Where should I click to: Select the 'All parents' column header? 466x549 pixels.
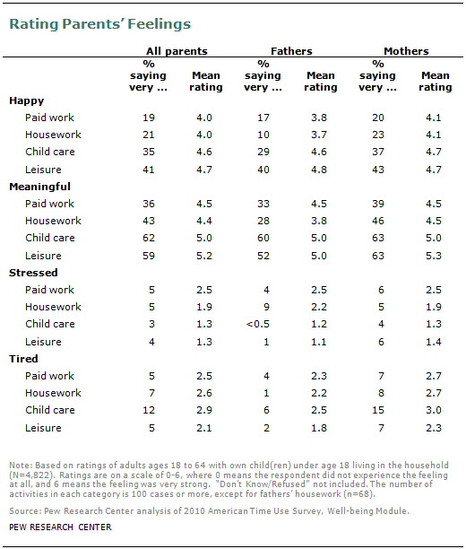177,51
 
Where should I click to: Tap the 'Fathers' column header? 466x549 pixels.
288,51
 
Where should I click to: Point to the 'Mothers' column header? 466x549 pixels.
406,51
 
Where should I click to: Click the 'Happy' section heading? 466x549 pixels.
26,102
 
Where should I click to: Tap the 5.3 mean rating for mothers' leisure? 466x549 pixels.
436,256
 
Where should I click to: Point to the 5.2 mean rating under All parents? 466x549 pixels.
205,256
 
